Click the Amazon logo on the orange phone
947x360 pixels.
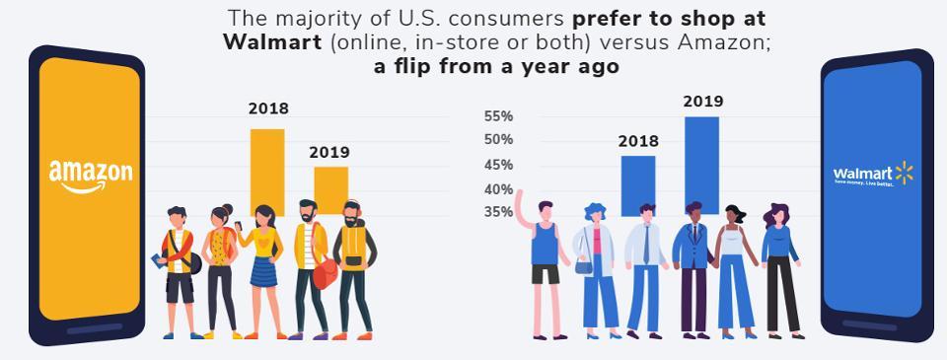click(90, 176)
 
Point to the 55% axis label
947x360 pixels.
click(498, 116)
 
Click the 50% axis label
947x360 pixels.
click(498, 140)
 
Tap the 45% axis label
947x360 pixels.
click(498, 165)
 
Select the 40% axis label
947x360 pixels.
click(498, 189)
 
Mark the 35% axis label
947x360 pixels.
click(498, 212)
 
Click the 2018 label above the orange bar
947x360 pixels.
click(268, 109)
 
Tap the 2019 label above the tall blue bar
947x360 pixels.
click(702, 102)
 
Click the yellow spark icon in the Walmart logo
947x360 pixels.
click(904, 174)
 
